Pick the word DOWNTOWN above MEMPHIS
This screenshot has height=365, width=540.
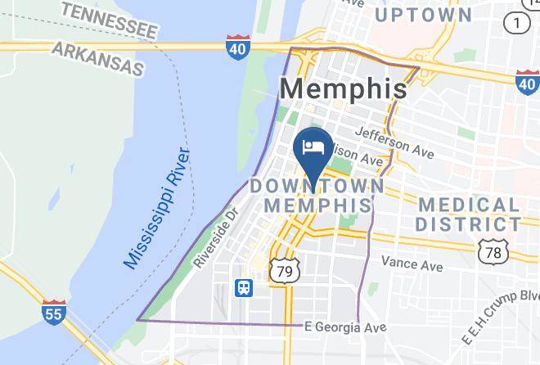[x=317, y=187]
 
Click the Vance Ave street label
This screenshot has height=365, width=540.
[x=412, y=264]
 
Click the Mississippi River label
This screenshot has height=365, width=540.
[x=156, y=210]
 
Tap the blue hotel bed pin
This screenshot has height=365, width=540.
[x=313, y=149]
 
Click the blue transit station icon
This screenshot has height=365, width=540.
[x=244, y=287]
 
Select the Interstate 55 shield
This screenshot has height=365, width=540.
[x=55, y=313]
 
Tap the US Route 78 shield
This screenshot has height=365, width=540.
[x=493, y=252]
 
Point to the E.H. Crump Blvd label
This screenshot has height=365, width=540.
[x=499, y=319]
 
